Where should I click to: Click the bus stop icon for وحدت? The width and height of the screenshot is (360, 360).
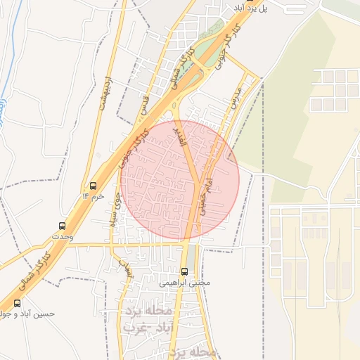point(63,226)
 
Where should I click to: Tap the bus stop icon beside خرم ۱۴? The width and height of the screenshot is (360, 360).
point(93,186)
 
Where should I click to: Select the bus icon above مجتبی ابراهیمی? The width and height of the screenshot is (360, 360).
point(185,271)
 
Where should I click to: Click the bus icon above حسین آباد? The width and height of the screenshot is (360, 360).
point(17,303)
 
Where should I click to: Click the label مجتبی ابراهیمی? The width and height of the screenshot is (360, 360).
point(185,283)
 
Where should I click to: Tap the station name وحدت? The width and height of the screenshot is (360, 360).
point(63,238)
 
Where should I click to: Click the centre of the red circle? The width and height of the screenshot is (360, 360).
point(180,180)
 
